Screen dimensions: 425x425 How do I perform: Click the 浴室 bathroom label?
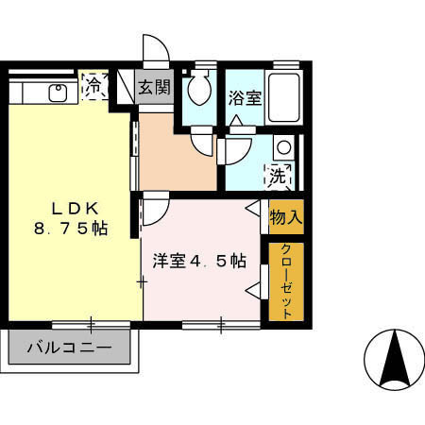(245, 96)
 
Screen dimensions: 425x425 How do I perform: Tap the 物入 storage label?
(286, 216)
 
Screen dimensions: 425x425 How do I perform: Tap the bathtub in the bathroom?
(285, 96)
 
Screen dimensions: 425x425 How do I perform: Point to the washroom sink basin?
(280, 147)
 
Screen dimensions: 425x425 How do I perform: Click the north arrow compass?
(393, 360)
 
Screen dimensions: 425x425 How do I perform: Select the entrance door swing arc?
(154, 49)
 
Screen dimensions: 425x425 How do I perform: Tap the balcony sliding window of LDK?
(91, 325)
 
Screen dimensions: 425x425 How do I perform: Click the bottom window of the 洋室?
(220, 325)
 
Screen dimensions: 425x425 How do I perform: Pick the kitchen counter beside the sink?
(28, 93)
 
